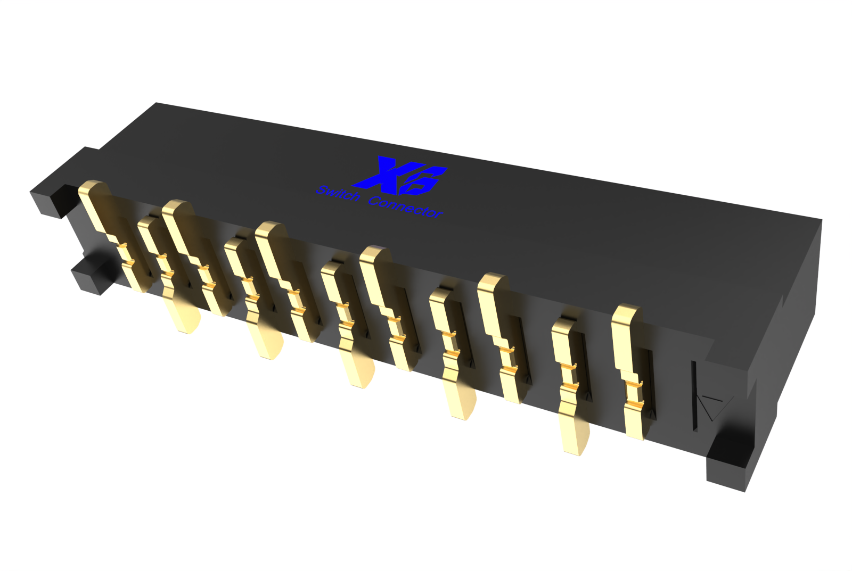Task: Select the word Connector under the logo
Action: pyautogui.click(x=405, y=207)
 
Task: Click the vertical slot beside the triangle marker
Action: pyautogui.click(x=695, y=396)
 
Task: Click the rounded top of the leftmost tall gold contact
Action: pyautogui.click(x=94, y=189)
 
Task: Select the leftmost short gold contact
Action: pyautogui.click(x=146, y=226)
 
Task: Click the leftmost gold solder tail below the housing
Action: pyautogui.click(x=184, y=317)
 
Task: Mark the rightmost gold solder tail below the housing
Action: pyautogui.click(x=575, y=436)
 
